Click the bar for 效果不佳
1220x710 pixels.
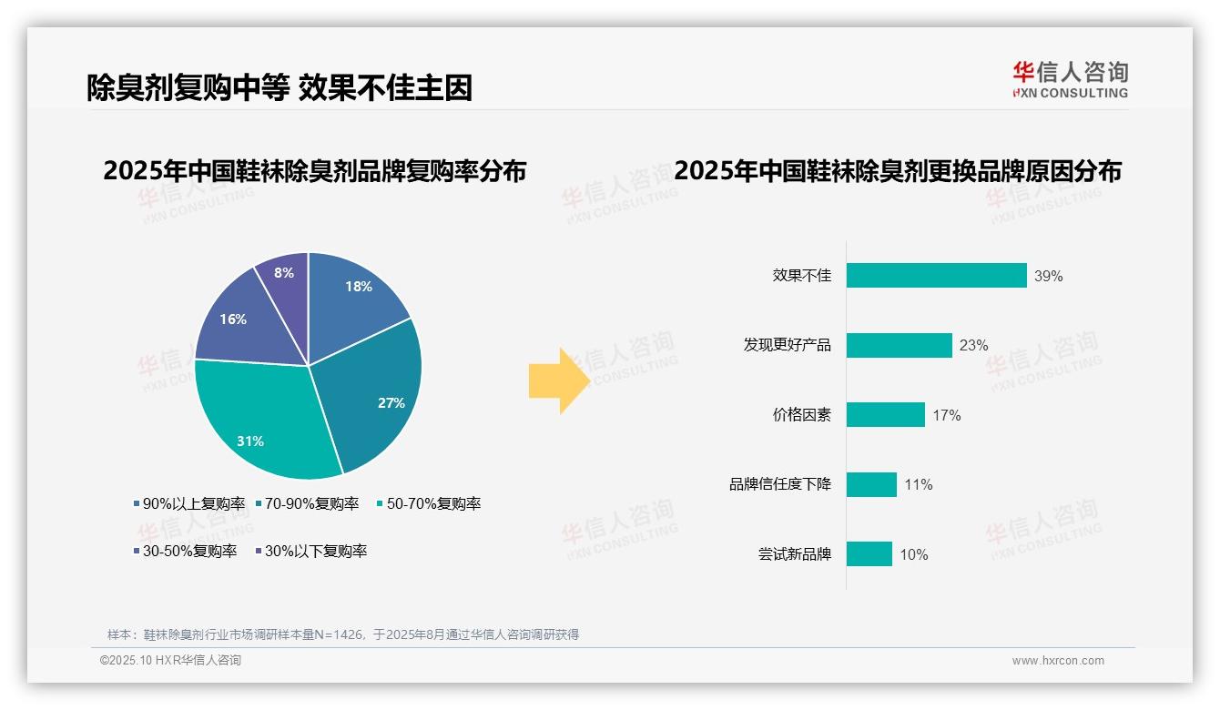pyautogui.click(x=936, y=276)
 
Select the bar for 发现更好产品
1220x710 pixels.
pyautogui.click(x=899, y=345)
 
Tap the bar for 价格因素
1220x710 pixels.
pyautogui.click(x=885, y=415)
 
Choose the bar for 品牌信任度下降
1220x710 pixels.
pyautogui.click(x=871, y=484)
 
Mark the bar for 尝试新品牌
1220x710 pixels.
pyautogui.click(x=869, y=554)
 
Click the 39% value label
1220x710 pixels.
pyautogui.click(x=1048, y=276)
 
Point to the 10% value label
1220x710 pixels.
pyautogui.click(x=914, y=554)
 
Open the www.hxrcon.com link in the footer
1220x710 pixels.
pyautogui.click(x=1058, y=661)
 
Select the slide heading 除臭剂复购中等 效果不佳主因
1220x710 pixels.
pyautogui.click(x=280, y=87)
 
